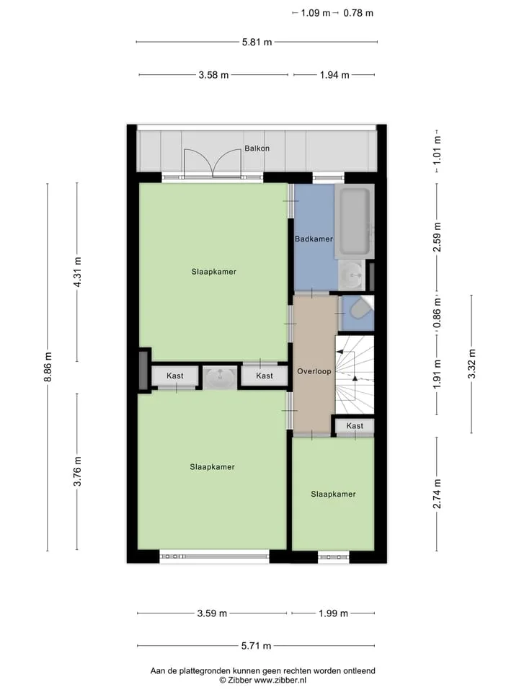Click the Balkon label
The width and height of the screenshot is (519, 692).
[x=257, y=148]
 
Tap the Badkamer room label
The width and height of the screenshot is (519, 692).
[x=314, y=239]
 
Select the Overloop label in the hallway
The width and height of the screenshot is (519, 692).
[x=314, y=371]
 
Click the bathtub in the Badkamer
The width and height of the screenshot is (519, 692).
[x=353, y=221]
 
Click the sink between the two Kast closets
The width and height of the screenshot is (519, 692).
[x=221, y=376]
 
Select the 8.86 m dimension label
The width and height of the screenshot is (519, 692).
[x=48, y=367]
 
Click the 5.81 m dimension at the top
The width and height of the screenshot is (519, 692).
[x=257, y=43]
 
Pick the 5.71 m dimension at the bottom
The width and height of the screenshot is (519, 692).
[x=256, y=646]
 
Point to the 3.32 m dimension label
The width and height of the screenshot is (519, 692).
[x=471, y=363]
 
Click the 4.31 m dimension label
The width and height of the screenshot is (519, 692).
[x=77, y=272]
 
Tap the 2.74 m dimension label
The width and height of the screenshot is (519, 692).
[x=437, y=493]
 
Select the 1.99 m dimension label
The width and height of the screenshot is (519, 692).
[x=333, y=613]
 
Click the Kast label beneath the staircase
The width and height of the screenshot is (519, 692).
[x=355, y=426]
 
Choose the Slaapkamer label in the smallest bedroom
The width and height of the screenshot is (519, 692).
[x=333, y=494]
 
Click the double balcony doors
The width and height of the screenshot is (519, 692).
[x=213, y=164]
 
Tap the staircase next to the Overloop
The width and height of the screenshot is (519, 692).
[x=355, y=375]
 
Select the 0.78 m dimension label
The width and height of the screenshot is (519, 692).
[x=358, y=13]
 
